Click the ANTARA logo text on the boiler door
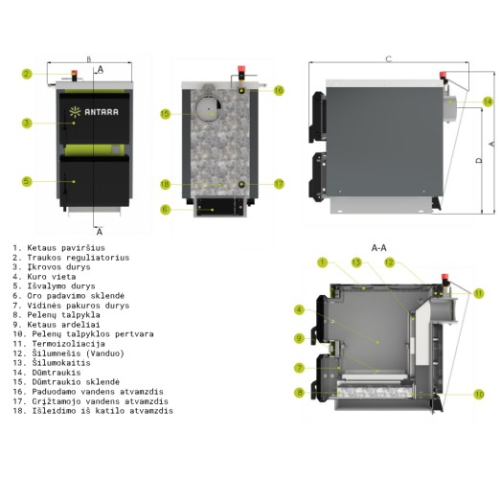tap(102, 112)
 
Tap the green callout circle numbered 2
tap(27, 74)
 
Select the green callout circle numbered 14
tap(488, 102)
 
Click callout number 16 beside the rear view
tap(279, 90)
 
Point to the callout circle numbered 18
tap(165, 184)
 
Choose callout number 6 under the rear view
tap(165, 210)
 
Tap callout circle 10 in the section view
tap(479, 395)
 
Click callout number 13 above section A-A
tap(356, 262)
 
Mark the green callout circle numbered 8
tap(300, 393)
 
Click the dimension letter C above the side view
tap(389, 59)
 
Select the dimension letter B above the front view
tap(89, 59)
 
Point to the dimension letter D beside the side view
tap(478, 160)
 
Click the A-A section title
tap(379, 247)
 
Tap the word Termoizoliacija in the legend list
tap(68, 344)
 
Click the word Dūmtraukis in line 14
tap(57, 373)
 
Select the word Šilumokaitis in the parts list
tap(61, 363)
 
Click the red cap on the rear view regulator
tap(241, 69)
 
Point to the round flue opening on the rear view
tap(208, 108)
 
